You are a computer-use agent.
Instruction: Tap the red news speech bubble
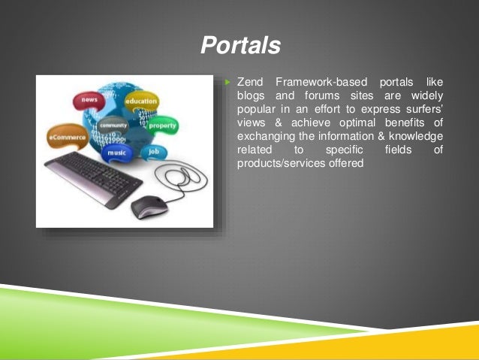89,101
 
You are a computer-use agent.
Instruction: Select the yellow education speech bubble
141,101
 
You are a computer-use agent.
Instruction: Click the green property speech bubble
161,126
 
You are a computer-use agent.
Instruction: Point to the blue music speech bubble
116,153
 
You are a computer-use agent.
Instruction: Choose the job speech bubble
154,151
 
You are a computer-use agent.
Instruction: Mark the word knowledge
417,136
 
